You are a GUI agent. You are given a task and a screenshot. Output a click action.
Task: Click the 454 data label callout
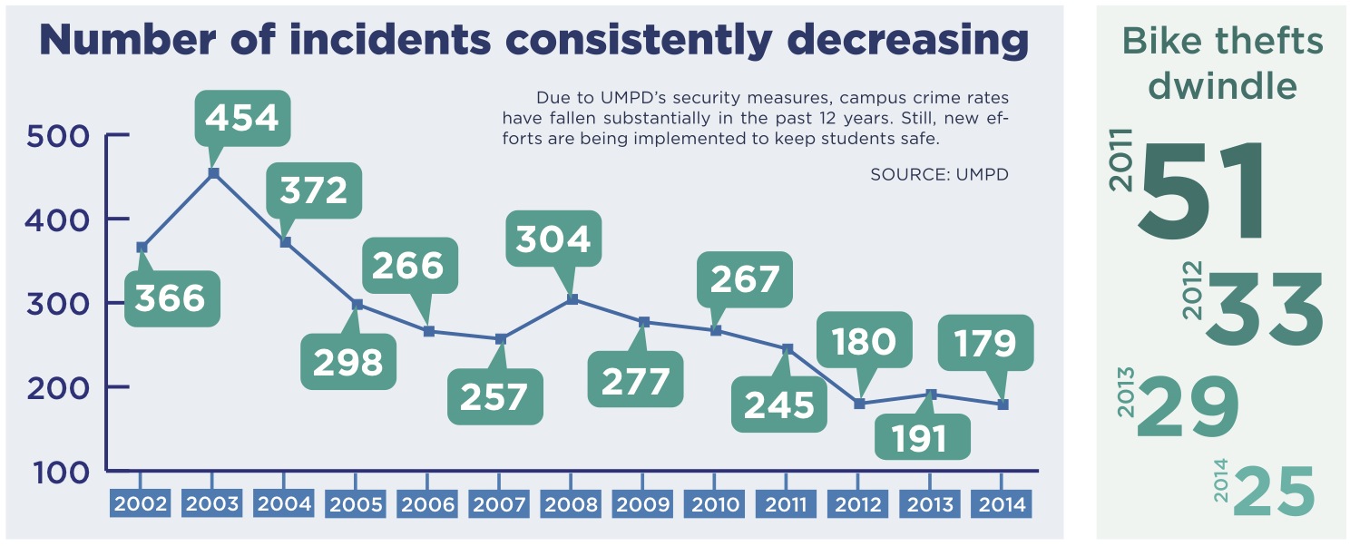pos(242,118)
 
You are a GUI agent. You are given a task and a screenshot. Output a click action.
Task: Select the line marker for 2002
pos(142,247)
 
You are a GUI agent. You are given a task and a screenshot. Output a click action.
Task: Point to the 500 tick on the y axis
pos(58,136)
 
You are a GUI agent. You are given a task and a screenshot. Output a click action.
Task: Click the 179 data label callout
pos(984,343)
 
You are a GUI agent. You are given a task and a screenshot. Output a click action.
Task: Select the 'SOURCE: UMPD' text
pos(939,174)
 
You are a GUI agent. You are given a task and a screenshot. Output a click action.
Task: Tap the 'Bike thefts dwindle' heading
pos(1222,63)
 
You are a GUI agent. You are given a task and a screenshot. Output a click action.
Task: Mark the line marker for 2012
pos(859,404)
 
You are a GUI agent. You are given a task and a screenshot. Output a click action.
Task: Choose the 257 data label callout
pos(494,396)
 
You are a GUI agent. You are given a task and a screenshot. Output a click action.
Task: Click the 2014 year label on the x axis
pos(1003,503)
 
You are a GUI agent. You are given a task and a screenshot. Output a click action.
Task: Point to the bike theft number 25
pos(1274,492)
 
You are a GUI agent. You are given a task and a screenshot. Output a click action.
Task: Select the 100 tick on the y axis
pos(58,472)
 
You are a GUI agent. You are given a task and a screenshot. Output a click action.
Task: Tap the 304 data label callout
pos(553,239)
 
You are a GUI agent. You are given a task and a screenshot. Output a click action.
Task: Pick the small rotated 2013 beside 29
pos(1126,392)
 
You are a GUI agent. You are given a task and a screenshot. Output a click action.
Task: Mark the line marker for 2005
pos(357,305)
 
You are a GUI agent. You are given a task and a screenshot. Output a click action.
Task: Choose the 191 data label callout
pos(922,437)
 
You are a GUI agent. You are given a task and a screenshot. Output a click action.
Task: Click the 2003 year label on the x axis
pos(212,503)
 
